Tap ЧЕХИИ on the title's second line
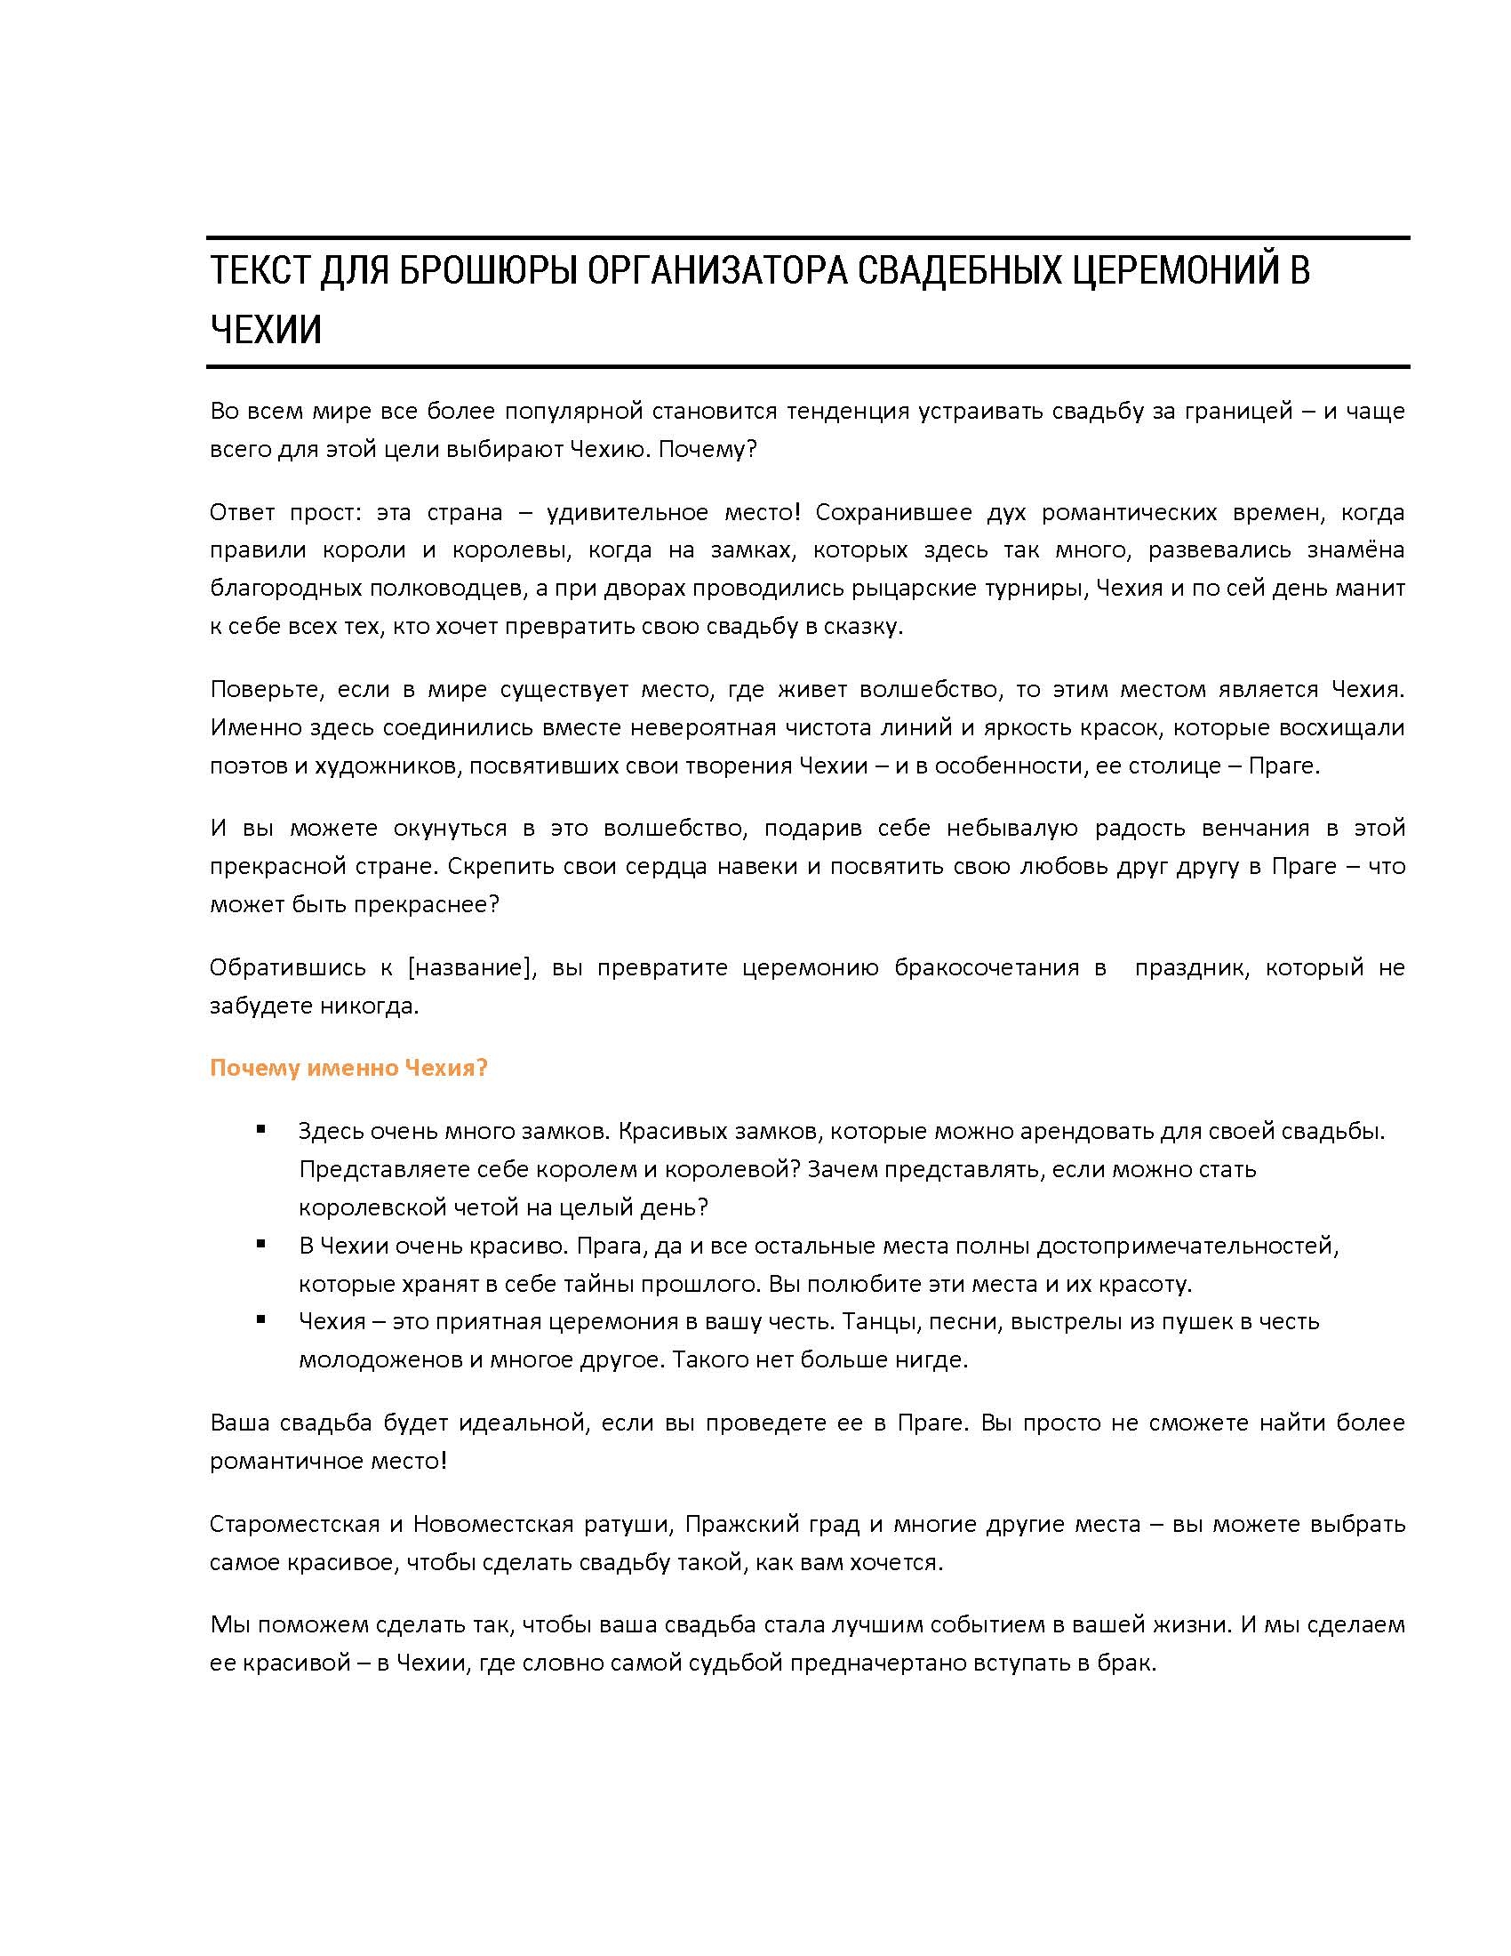point(265,330)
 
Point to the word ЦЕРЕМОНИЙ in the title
point(1175,270)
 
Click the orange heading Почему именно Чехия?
point(348,1068)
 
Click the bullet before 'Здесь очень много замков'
point(261,1129)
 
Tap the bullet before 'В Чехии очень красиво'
point(261,1244)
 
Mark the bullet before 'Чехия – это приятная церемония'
point(261,1319)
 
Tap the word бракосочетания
point(987,967)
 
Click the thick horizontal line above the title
point(807,238)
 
